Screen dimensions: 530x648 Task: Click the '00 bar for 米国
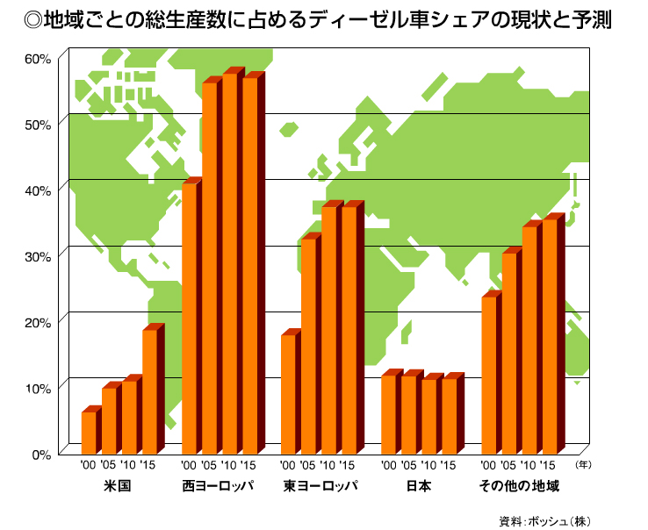89,431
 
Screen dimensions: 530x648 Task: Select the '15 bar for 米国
149,390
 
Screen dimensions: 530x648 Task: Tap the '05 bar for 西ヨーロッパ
211,268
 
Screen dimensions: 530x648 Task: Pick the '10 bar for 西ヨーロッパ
231,263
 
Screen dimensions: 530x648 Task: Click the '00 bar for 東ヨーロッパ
289,393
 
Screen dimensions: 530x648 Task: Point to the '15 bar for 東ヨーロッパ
349,329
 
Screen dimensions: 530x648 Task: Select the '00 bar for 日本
389,413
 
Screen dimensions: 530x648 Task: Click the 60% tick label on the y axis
38,59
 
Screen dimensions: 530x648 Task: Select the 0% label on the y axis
41,454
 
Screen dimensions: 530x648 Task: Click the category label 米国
118,486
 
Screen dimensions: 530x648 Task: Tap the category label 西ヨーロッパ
219,486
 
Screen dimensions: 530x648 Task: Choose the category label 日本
419,486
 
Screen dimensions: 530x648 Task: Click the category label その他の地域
519,486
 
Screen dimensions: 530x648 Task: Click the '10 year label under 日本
429,466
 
